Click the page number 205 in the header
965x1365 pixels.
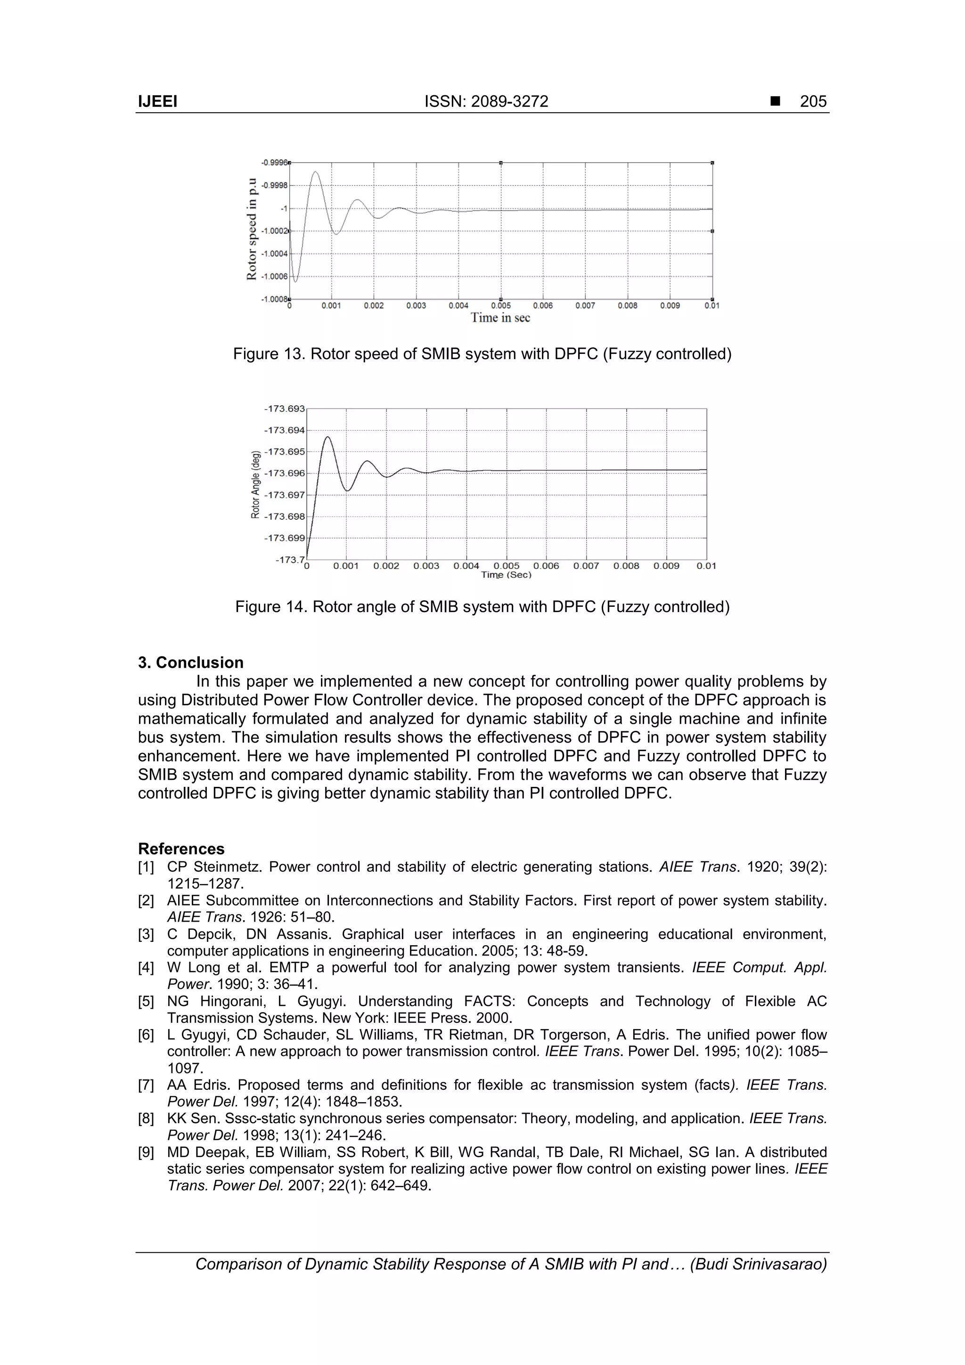tap(813, 102)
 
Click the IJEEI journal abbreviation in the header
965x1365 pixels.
tap(157, 102)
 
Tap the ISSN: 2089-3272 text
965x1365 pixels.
tap(486, 102)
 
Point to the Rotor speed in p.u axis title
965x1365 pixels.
tap(253, 229)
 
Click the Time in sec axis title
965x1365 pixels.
tap(500, 318)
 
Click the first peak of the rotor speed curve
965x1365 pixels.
tap(316, 172)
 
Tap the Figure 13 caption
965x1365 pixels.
tap(482, 354)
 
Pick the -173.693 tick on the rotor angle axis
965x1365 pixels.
tap(284, 409)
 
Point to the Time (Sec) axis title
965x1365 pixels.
tap(506, 575)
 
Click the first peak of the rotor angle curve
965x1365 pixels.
tap(327, 438)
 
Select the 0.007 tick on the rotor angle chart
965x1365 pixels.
tap(586, 566)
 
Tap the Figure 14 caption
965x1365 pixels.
tap(482, 607)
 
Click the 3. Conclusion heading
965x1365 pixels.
tap(190, 663)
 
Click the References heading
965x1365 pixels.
tap(181, 849)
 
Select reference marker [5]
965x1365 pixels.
tap(146, 1002)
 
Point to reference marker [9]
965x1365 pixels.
tap(146, 1152)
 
